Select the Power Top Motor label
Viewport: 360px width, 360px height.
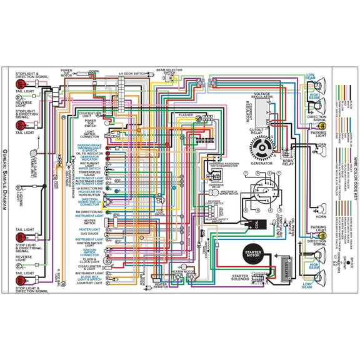67,73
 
